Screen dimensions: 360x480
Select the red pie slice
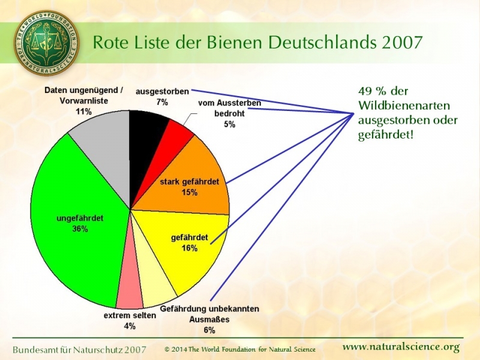[175, 137]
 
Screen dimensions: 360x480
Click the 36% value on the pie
[80, 229]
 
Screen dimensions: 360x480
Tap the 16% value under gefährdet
[190, 248]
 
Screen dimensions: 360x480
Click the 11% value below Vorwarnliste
[83, 112]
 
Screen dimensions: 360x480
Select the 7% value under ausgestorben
[162, 102]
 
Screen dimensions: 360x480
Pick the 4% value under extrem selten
[130, 326]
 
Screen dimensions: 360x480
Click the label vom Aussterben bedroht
[229, 108]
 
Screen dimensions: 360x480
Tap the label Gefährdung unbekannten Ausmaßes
[209, 314]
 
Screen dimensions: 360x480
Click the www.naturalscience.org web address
[401, 347]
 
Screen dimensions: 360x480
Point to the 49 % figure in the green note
[370, 92]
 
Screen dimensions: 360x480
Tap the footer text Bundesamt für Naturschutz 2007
[80, 349]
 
